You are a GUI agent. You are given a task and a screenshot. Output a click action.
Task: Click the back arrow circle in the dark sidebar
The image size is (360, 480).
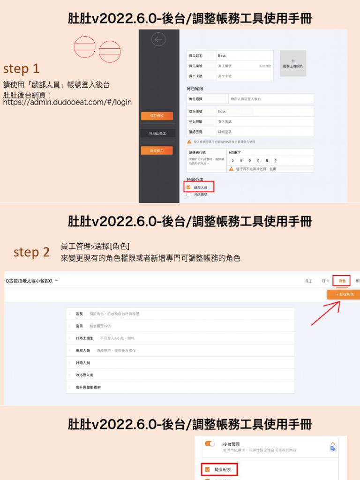coord(158,40)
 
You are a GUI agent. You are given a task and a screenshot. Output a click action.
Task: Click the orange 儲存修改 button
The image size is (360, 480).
coord(157,116)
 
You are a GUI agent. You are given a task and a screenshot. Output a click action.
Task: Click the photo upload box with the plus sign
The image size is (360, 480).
coord(293,63)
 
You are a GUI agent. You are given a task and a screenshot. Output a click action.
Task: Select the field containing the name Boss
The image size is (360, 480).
coord(244,55)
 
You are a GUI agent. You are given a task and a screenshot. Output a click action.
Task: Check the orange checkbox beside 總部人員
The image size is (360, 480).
coord(188,187)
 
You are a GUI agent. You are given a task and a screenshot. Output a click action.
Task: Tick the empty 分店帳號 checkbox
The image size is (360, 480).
coord(188,194)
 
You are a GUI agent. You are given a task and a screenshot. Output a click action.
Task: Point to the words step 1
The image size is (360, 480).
coord(21,69)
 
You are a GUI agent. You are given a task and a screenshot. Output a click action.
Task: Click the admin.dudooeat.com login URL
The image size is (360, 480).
coord(67,102)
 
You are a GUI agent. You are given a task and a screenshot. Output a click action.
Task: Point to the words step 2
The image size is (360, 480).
coord(31,252)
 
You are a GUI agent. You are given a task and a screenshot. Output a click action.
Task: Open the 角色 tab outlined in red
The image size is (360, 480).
coord(341,281)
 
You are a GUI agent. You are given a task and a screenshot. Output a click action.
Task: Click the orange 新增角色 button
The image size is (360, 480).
coord(344,294)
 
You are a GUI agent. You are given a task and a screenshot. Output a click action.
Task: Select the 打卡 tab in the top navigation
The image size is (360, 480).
coord(325,281)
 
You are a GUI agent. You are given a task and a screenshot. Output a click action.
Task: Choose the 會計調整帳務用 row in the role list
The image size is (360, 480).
coord(88,387)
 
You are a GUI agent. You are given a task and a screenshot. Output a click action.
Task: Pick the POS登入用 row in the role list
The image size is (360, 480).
coord(84,375)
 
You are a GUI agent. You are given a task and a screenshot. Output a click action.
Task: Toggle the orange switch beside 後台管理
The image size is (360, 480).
coord(210,443)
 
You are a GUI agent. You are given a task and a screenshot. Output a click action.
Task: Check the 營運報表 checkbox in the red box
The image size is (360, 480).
coord(207,469)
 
